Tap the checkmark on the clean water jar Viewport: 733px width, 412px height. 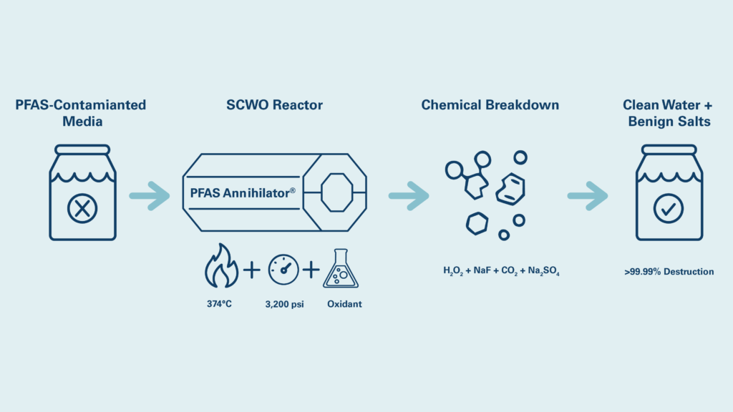[x=669, y=209]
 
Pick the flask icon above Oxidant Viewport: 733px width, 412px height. [x=341, y=270]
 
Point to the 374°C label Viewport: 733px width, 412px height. [x=219, y=304]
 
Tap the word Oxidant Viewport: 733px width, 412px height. [x=344, y=304]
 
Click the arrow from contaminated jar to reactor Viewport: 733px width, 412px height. [x=150, y=195]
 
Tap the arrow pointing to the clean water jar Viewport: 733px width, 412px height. [x=588, y=195]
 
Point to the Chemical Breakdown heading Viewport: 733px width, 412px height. [x=490, y=105]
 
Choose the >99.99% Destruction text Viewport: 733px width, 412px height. [x=669, y=272]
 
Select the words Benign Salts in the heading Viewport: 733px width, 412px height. [x=669, y=122]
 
